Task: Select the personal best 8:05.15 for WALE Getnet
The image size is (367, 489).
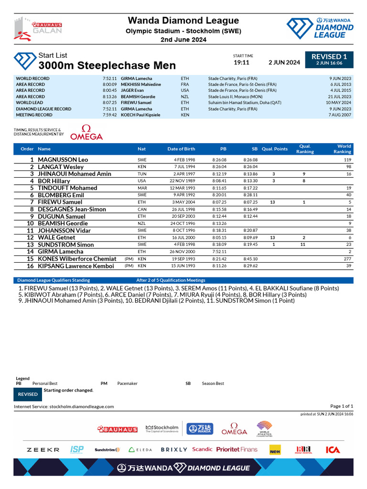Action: (x=219, y=237)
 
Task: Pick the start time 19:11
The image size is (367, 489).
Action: (x=241, y=63)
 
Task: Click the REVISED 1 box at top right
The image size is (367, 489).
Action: (x=329, y=59)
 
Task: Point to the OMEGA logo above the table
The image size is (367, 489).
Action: (x=86, y=133)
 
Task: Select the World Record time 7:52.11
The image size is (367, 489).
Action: (x=109, y=78)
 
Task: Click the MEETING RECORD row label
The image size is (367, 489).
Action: (x=34, y=115)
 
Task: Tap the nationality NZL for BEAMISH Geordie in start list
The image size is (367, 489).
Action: (x=142, y=223)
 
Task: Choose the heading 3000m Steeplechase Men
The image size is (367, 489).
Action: (x=107, y=65)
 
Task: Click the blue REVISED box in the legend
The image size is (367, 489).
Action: (x=28, y=394)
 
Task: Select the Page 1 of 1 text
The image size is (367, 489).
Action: (x=341, y=406)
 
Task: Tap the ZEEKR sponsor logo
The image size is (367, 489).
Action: (x=43, y=450)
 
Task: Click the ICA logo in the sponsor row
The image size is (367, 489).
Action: (x=333, y=450)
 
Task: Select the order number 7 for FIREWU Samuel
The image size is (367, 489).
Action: (x=32, y=202)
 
